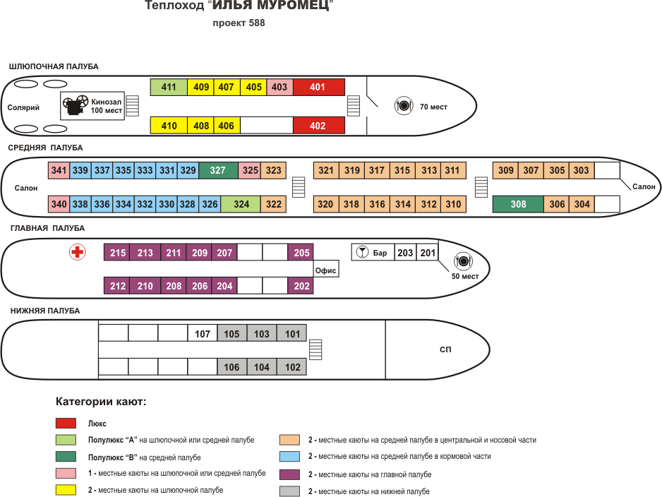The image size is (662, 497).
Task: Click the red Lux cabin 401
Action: tap(319, 87)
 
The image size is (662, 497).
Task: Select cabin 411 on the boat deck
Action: tap(169, 87)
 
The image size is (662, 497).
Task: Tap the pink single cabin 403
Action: tap(279, 87)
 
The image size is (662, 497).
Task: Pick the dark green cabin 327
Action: tap(218, 170)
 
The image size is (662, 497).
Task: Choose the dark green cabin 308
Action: tap(518, 204)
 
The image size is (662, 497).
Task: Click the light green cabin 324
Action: tap(241, 204)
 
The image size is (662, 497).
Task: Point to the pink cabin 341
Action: tap(59, 170)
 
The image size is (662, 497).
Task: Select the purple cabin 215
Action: tap(117, 253)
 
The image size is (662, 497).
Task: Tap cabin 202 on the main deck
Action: tap(301, 286)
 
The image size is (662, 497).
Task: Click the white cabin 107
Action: tap(203, 334)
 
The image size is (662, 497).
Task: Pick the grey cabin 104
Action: tap(262, 367)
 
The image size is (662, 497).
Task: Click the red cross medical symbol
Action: tap(77, 252)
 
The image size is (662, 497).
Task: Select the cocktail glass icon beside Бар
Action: tap(362, 252)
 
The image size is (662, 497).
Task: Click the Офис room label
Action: tap(325, 270)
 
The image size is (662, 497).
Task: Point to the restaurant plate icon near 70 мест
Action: tap(404, 105)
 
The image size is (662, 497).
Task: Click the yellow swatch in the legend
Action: tap(66, 490)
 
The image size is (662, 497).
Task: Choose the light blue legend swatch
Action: tap(289, 456)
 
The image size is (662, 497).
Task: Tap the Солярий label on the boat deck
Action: tap(23, 108)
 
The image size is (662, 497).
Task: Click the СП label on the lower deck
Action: tap(445, 349)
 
